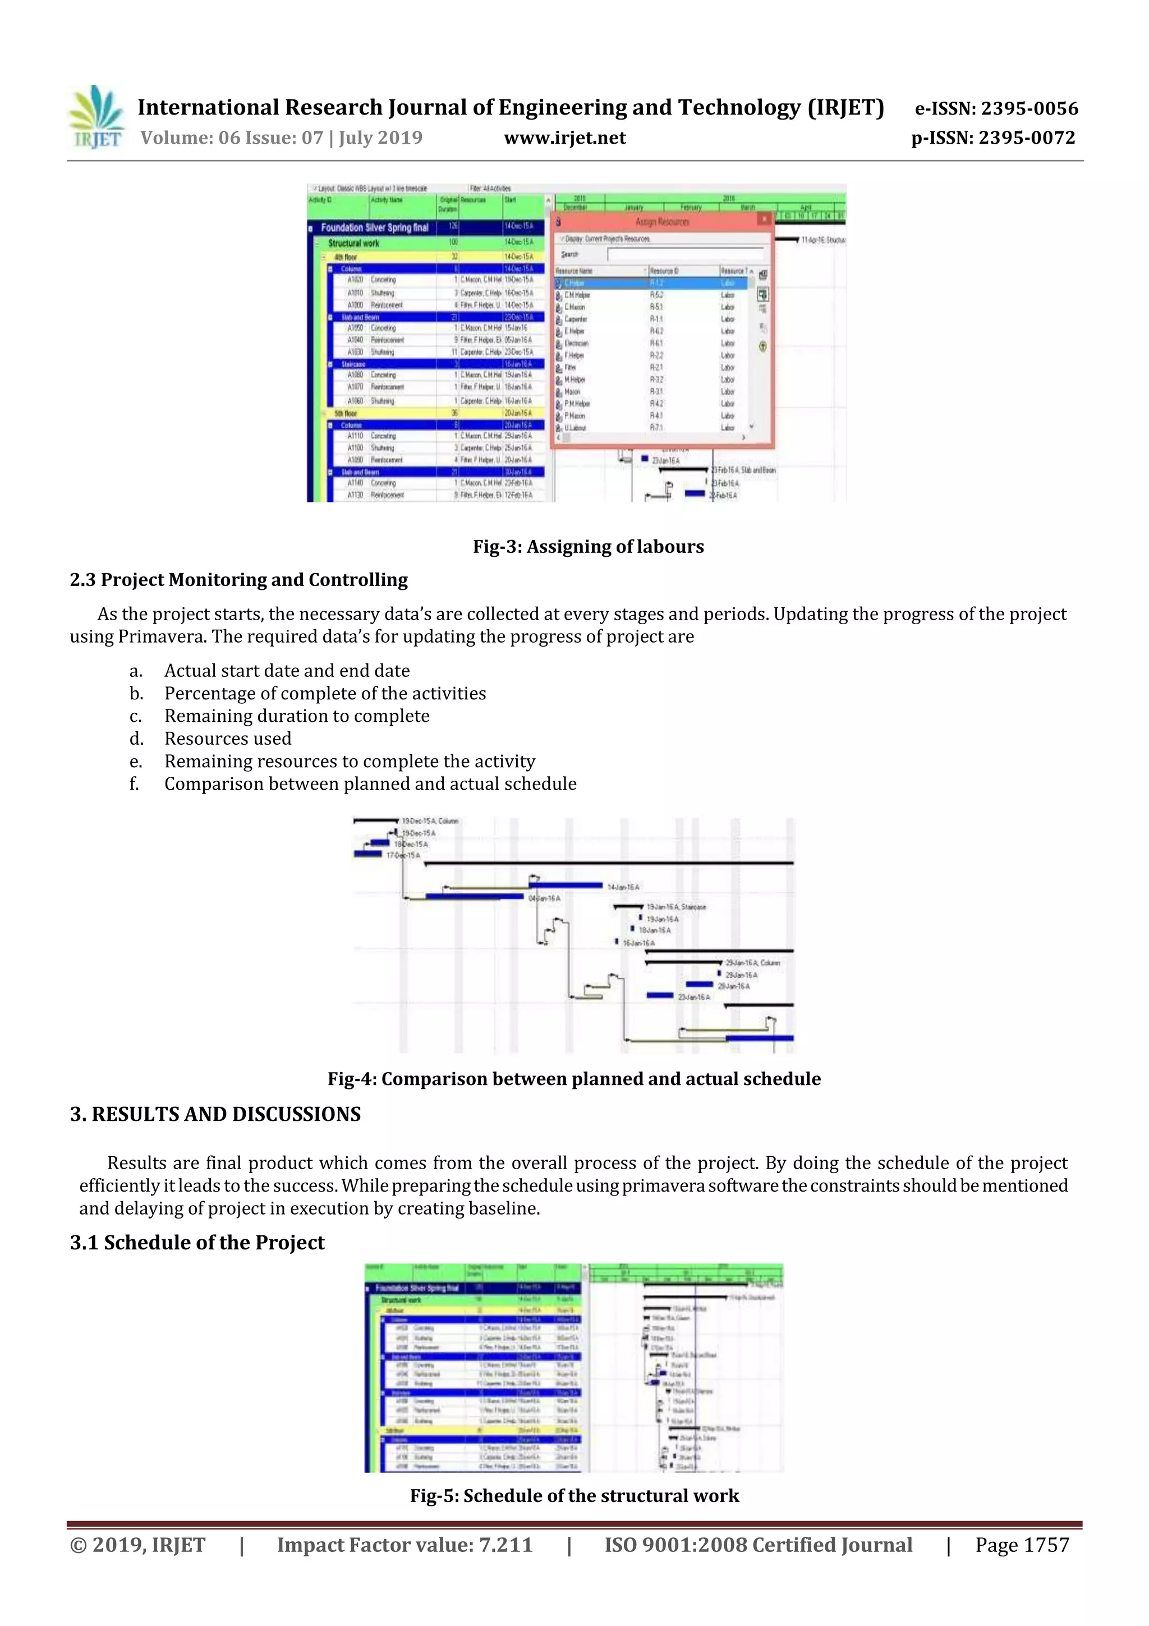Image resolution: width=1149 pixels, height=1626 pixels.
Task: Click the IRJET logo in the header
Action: click(95, 117)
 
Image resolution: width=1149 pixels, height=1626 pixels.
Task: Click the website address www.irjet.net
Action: click(564, 138)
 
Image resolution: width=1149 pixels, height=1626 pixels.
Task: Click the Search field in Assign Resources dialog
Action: click(685, 254)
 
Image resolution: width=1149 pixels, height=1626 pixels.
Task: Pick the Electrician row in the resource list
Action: click(577, 343)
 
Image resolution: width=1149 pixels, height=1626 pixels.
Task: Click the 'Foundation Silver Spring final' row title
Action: click(375, 228)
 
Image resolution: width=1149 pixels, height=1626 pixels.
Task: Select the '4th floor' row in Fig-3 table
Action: click(346, 257)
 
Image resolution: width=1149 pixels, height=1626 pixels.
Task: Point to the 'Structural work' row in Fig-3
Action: click(353, 243)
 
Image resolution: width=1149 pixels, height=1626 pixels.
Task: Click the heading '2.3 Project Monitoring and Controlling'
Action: click(238, 580)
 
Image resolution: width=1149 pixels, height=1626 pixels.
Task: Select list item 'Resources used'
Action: click(227, 739)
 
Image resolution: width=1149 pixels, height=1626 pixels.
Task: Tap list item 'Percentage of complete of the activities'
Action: click(325, 693)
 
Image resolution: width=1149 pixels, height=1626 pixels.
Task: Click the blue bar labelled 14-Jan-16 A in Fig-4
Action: click(566, 885)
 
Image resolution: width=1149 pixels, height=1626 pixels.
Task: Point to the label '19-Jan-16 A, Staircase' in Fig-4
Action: click(675, 906)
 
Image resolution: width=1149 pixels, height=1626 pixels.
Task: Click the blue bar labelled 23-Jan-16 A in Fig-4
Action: click(659, 996)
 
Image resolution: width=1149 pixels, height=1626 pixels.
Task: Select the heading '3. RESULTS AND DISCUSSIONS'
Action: click(215, 1114)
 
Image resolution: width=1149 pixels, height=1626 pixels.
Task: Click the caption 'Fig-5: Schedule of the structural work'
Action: click(574, 1496)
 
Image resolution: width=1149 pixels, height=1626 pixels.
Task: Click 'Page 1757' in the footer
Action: click(1022, 1545)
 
